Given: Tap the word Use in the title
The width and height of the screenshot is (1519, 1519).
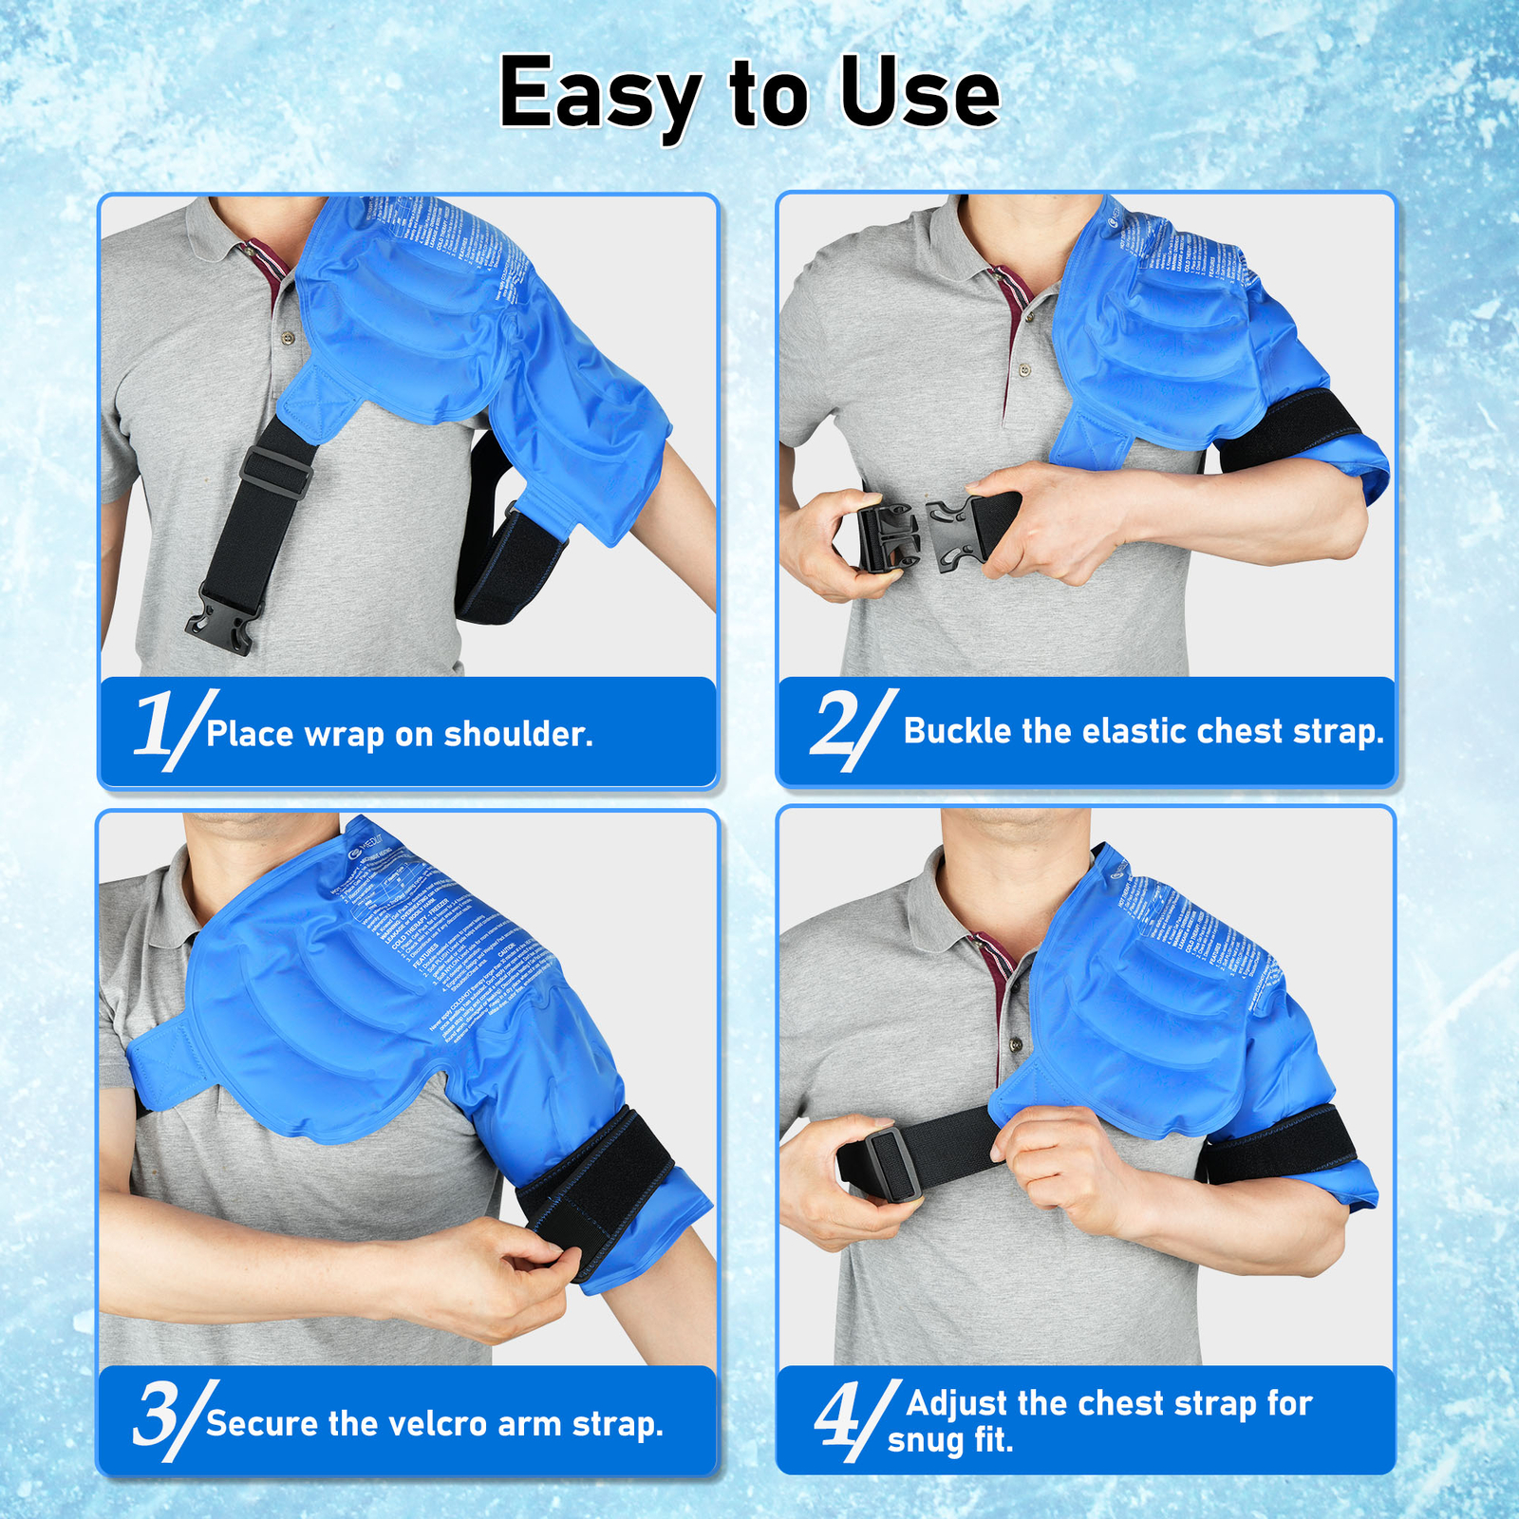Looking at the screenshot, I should (919, 93).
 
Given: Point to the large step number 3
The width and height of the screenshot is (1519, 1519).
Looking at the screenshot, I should (157, 1415).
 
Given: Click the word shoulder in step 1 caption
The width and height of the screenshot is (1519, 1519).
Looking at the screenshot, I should (518, 734).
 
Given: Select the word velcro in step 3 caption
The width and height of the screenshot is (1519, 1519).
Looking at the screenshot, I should (430, 1423).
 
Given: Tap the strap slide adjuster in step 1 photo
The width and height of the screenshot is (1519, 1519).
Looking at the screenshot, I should (276, 471).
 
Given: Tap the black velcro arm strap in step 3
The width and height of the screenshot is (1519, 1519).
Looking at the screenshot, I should (598, 1187).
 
